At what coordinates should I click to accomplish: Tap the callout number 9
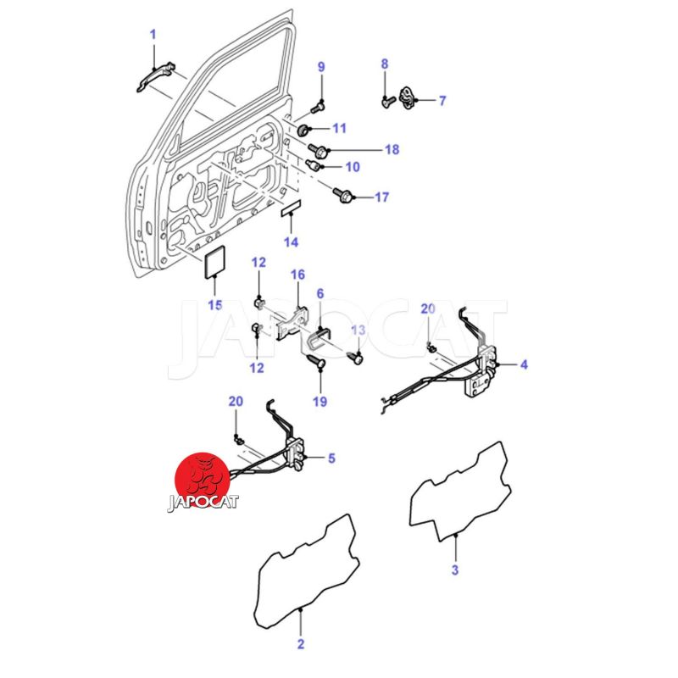[321, 67]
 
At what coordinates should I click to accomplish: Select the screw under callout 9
[320, 107]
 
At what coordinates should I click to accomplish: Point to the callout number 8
[384, 64]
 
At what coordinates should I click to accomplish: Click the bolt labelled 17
[343, 196]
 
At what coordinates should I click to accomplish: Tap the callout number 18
[392, 150]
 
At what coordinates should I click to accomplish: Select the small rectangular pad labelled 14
[291, 209]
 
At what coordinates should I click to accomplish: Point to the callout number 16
[297, 275]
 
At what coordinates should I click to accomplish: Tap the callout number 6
[320, 293]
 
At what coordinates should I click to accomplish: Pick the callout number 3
[454, 570]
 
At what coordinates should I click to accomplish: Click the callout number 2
[300, 644]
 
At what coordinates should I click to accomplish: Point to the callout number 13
[358, 330]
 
